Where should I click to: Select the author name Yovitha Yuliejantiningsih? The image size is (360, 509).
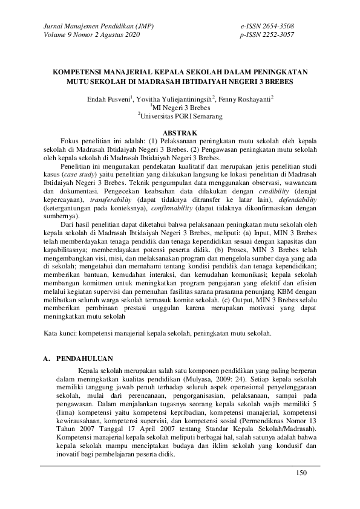pos(175,98)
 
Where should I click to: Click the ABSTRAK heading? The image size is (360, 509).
pos(180,132)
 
